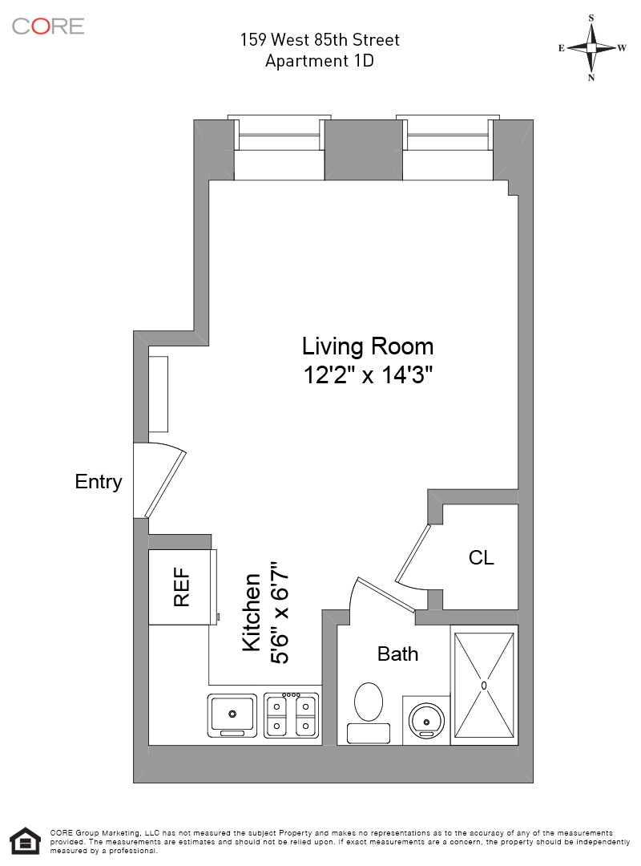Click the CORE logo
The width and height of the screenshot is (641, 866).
[x=48, y=26]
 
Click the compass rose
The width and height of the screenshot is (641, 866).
[x=591, y=48]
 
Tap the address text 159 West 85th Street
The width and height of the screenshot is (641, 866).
[x=320, y=40]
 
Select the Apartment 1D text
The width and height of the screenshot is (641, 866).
[x=320, y=61]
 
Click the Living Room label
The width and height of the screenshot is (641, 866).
[x=368, y=346]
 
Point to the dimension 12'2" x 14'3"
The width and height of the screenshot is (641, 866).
[x=368, y=375]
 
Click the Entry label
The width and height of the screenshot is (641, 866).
[x=99, y=482]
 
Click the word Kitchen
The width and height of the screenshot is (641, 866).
[x=252, y=612]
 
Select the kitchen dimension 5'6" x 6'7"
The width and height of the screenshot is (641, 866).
[x=279, y=612]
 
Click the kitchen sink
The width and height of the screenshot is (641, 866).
[x=232, y=715]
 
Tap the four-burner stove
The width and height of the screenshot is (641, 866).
[x=291, y=715]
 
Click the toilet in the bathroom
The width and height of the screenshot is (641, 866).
[x=369, y=713]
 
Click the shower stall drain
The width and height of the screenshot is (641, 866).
[x=484, y=686]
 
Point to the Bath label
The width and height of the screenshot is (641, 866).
[x=397, y=654]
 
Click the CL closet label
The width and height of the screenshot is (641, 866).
[x=481, y=558]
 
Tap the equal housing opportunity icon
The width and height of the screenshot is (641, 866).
[x=26, y=841]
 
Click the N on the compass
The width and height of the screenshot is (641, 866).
[x=591, y=78]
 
